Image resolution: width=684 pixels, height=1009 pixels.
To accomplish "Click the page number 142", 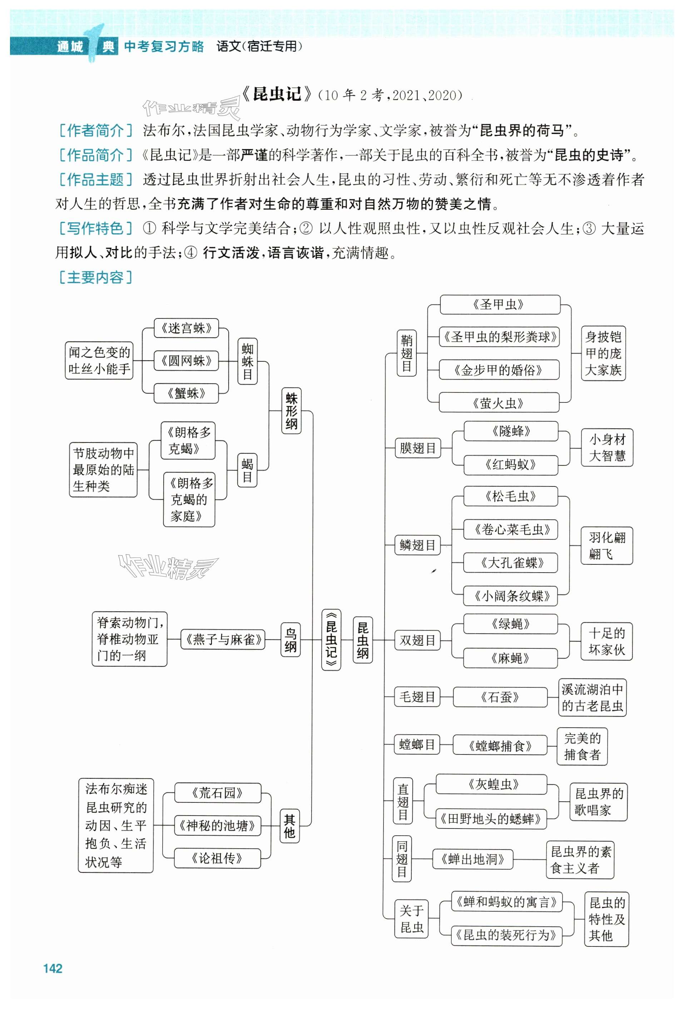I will tap(53, 968).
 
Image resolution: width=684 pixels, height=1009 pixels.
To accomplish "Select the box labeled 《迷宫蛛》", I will tap(186, 328).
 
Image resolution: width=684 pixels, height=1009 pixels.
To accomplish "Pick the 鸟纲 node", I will tap(290, 639).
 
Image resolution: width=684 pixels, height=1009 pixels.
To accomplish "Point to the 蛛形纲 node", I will tap(291, 410).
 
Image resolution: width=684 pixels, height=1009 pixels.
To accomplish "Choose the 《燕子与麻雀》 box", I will tap(223, 639).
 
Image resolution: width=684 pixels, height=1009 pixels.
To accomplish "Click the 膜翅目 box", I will tap(417, 447).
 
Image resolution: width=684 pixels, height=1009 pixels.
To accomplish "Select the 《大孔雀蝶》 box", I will tap(511, 563).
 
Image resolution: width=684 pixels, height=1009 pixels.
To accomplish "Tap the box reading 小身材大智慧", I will tap(607, 447).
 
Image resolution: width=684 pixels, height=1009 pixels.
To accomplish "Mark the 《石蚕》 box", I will tap(500, 697).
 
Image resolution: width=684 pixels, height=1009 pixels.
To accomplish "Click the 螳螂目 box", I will tap(417, 744).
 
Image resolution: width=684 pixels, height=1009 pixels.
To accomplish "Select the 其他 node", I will tap(289, 826).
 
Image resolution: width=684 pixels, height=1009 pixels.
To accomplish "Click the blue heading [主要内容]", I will tap(95, 277).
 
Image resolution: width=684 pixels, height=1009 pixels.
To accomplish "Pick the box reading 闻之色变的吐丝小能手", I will tap(99, 360).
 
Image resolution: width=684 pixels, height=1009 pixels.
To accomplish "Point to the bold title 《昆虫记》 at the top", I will tap(277, 94).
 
